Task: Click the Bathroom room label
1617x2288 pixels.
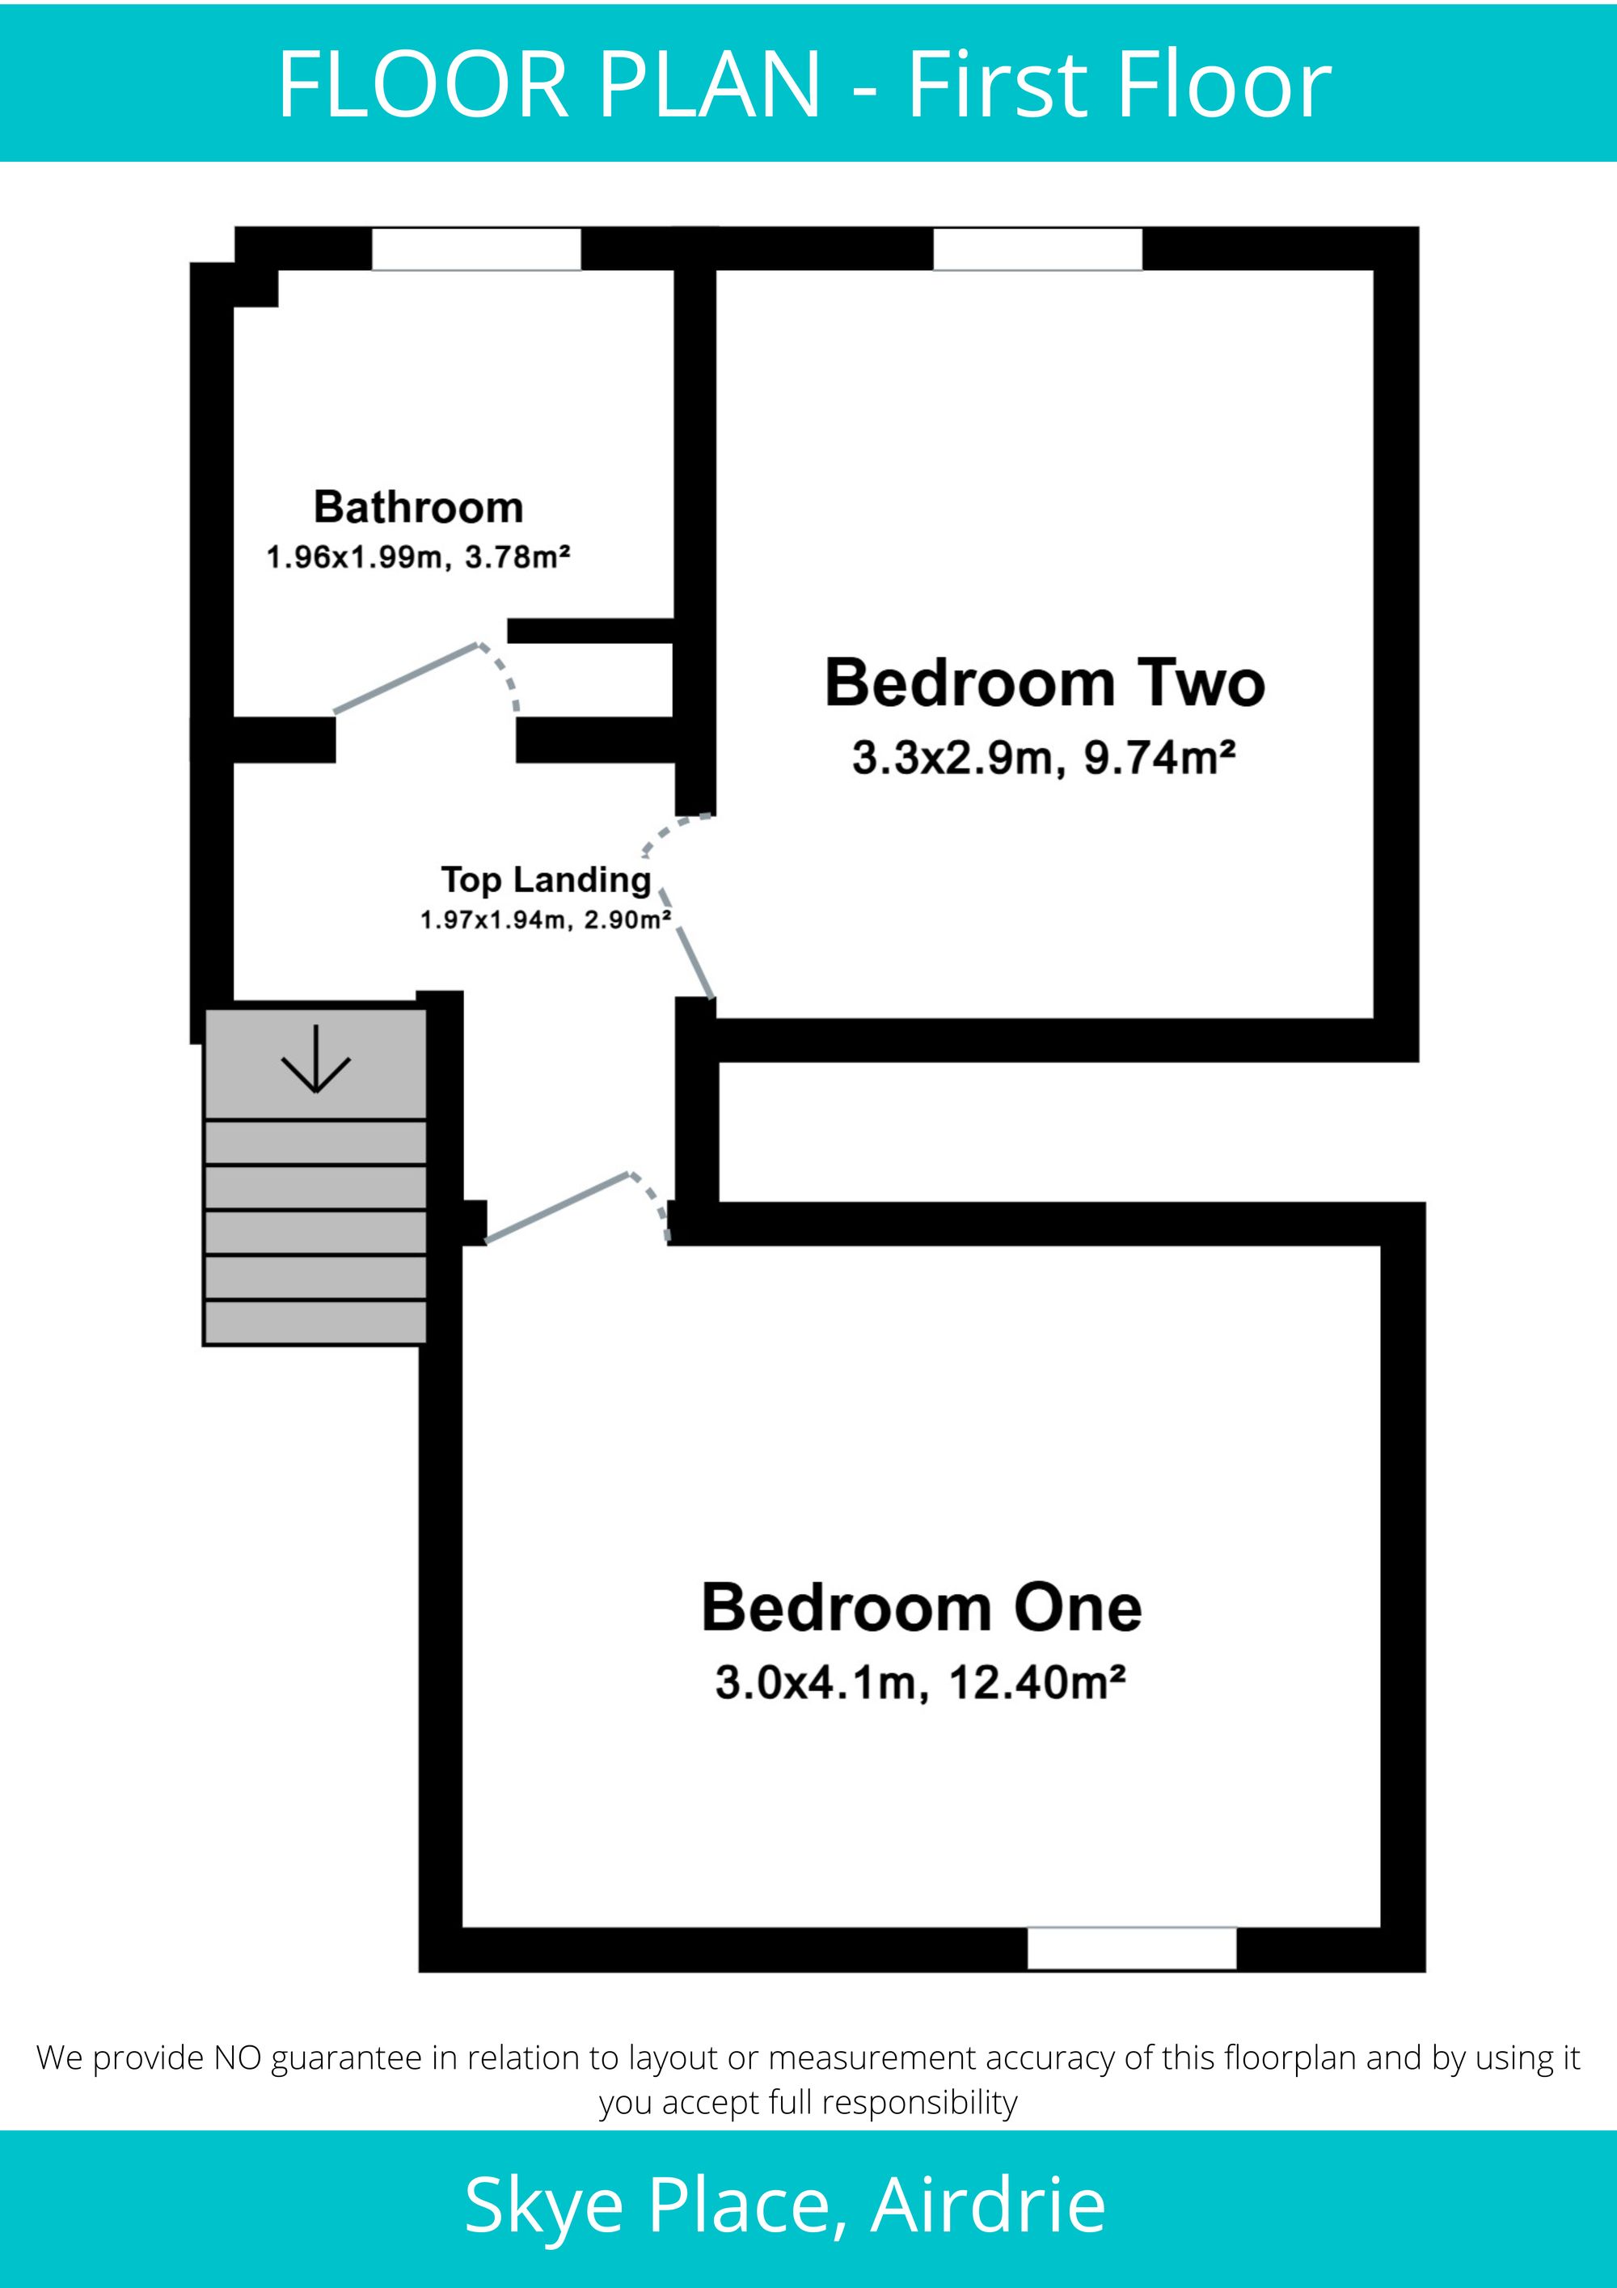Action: click(419, 507)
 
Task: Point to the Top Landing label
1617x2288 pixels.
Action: click(546, 880)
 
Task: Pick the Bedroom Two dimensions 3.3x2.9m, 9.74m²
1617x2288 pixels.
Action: click(1044, 759)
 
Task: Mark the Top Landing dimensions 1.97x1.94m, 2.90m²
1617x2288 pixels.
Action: click(545, 920)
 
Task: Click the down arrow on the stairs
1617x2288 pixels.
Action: click(316, 1059)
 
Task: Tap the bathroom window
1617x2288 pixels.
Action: click(476, 249)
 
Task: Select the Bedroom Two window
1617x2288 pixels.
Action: click(1037, 249)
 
